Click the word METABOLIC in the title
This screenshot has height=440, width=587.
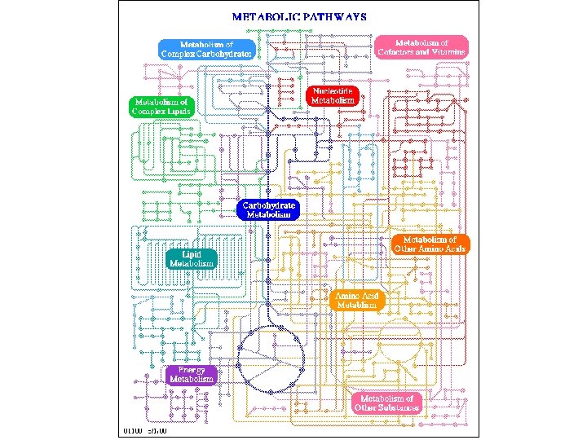[x=265, y=15]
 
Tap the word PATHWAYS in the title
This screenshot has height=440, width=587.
[x=334, y=15]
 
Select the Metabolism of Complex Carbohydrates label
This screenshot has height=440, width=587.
[x=206, y=49]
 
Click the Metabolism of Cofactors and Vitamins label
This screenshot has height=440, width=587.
[x=421, y=46]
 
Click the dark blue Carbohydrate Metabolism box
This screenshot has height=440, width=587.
[x=268, y=209]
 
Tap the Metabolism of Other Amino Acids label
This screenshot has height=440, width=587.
[x=430, y=244]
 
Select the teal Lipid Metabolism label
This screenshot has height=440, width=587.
[x=192, y=258]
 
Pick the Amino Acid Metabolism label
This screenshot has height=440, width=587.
[x=357, y=300]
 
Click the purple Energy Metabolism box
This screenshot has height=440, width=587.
[x=192, y=374]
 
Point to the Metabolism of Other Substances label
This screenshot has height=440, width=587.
[x=386, y=403]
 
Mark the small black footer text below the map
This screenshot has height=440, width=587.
[x=143, y=429]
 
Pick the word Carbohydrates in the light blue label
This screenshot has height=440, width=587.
[x=224, y=54]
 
